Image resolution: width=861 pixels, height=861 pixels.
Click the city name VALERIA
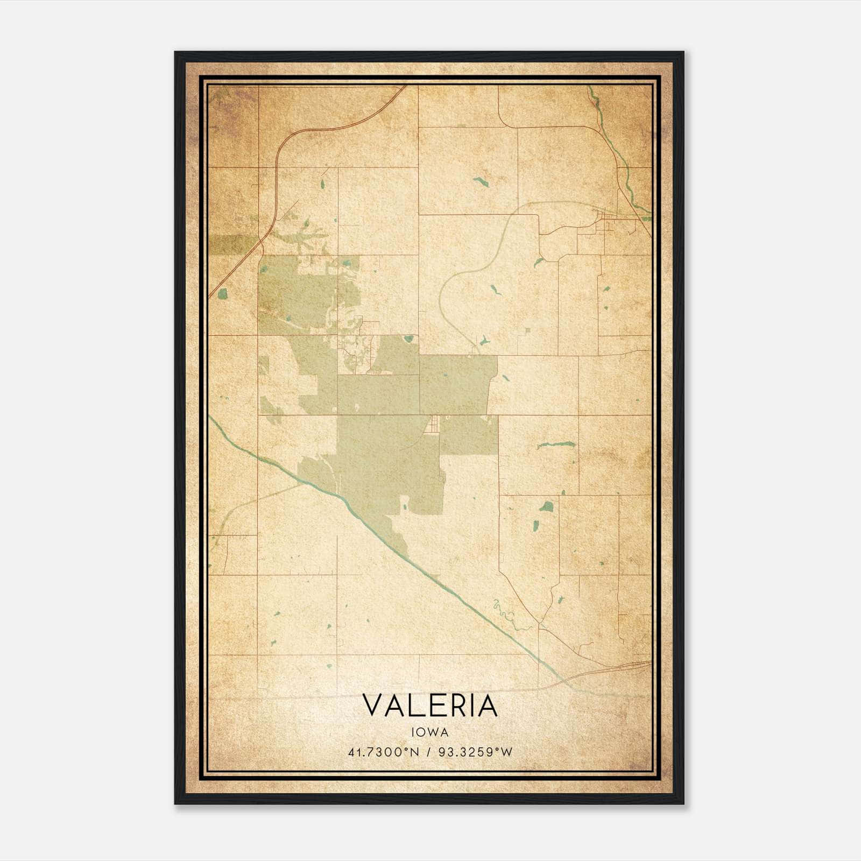point(430,705)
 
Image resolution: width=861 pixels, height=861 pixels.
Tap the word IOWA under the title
point(430,732)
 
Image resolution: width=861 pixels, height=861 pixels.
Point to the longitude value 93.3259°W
point(475,752)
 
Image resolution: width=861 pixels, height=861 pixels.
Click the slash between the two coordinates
point(428,752)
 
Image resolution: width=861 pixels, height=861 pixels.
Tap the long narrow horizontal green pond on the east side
point(555,445)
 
